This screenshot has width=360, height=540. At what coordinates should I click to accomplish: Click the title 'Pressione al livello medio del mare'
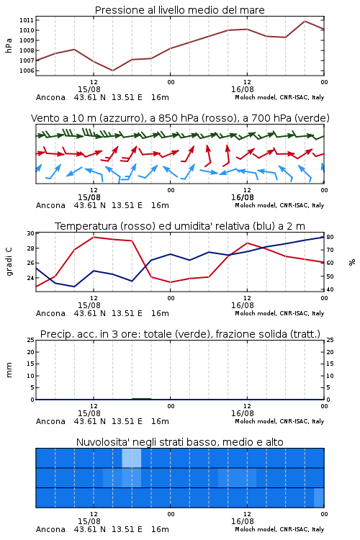pyautogui.click(x=179, y=10)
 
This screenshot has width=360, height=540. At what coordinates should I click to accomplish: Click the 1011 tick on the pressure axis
pyautogui.click(x=27, y=20)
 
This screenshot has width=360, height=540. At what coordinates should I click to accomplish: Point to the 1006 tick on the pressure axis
pyautogui.click(x=27, y=71)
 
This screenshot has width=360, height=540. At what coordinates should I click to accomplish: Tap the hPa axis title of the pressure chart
pyautogui.click(x=9, y=45)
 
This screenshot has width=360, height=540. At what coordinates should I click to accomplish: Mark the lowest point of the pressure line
pyautogui.click(x=112, y=71)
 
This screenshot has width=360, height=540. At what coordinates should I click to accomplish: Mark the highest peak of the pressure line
pyautogui.click(x=305, y=21)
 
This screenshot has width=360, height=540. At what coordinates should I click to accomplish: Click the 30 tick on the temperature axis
pyautogui.click(x=30, y=233)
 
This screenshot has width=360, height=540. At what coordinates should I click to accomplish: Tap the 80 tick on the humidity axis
pyautogui.click(x=330, y=238)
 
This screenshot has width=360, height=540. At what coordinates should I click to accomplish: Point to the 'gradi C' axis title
pyautogui.click(x=9, y=262)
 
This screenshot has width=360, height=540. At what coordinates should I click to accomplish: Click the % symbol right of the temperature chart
pyautogui.click(x=352, y=262)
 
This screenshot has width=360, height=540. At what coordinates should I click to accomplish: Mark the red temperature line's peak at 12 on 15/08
pyautogui.click(x=94, y=237)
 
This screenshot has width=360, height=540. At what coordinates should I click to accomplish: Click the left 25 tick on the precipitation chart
pyautogui.click(x=31, y=341)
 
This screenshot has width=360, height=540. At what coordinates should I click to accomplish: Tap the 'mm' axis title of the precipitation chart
pyautogui.click(x=9, y=370)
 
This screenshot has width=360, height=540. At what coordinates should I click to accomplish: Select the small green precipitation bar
pyautogui.click(x=142, y=399)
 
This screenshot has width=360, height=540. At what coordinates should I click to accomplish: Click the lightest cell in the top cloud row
pyautogui.click(x=132, y=458)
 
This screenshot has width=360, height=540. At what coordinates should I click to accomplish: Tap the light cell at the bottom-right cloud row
pyautogui.click(x=319, y=498)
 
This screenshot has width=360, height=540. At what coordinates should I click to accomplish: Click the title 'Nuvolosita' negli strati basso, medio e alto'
pyautogui.click(x=179, y=442)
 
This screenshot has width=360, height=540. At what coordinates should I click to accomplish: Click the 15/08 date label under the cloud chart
pyautogui.click(x=89, y=521)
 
